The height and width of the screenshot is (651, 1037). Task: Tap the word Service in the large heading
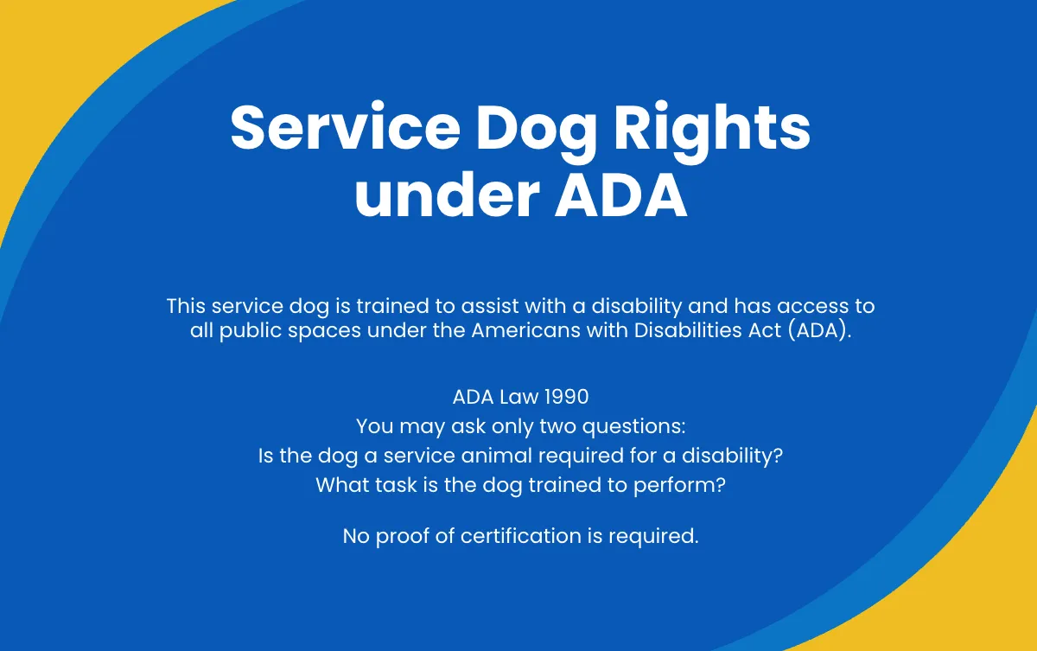[344, 129]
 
